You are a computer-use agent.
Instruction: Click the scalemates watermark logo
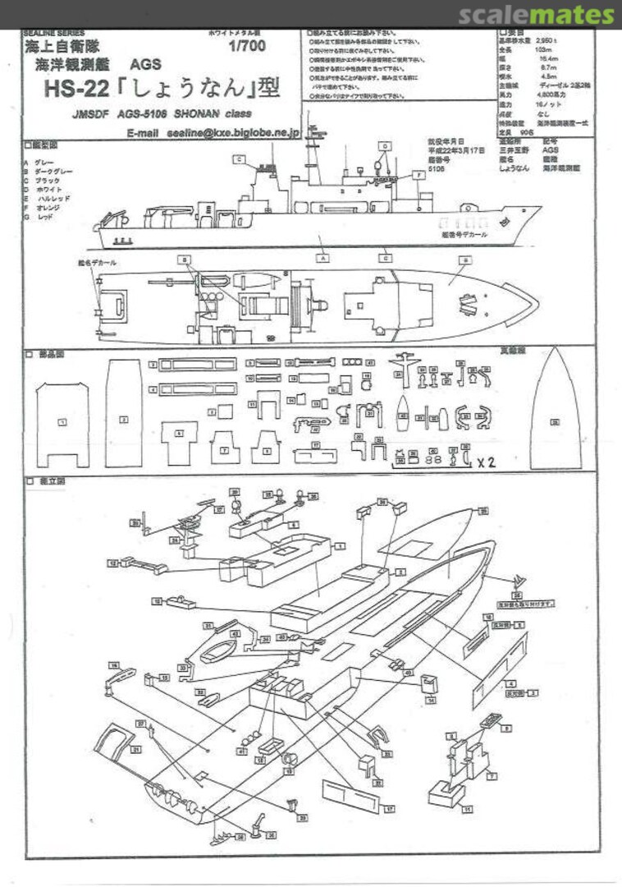pyautogui.click(x=536, y=15)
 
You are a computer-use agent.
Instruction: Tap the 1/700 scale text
pyautogui.click(x=247, y=47)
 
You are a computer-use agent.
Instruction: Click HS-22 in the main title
pyautogui.click(x=73, y=86)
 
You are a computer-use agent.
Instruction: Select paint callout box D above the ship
pyautogui.click(x=386, y=145)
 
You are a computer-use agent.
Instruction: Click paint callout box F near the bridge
pyautogui.click(x=419, y=175)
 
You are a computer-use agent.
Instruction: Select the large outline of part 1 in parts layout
pyautogui.click(x=62, y=424)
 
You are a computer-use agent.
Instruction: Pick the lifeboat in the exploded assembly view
pyautogui.click(x=219, y=652)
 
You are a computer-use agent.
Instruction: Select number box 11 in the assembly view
pyautogui.click(x=468, y=809)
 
